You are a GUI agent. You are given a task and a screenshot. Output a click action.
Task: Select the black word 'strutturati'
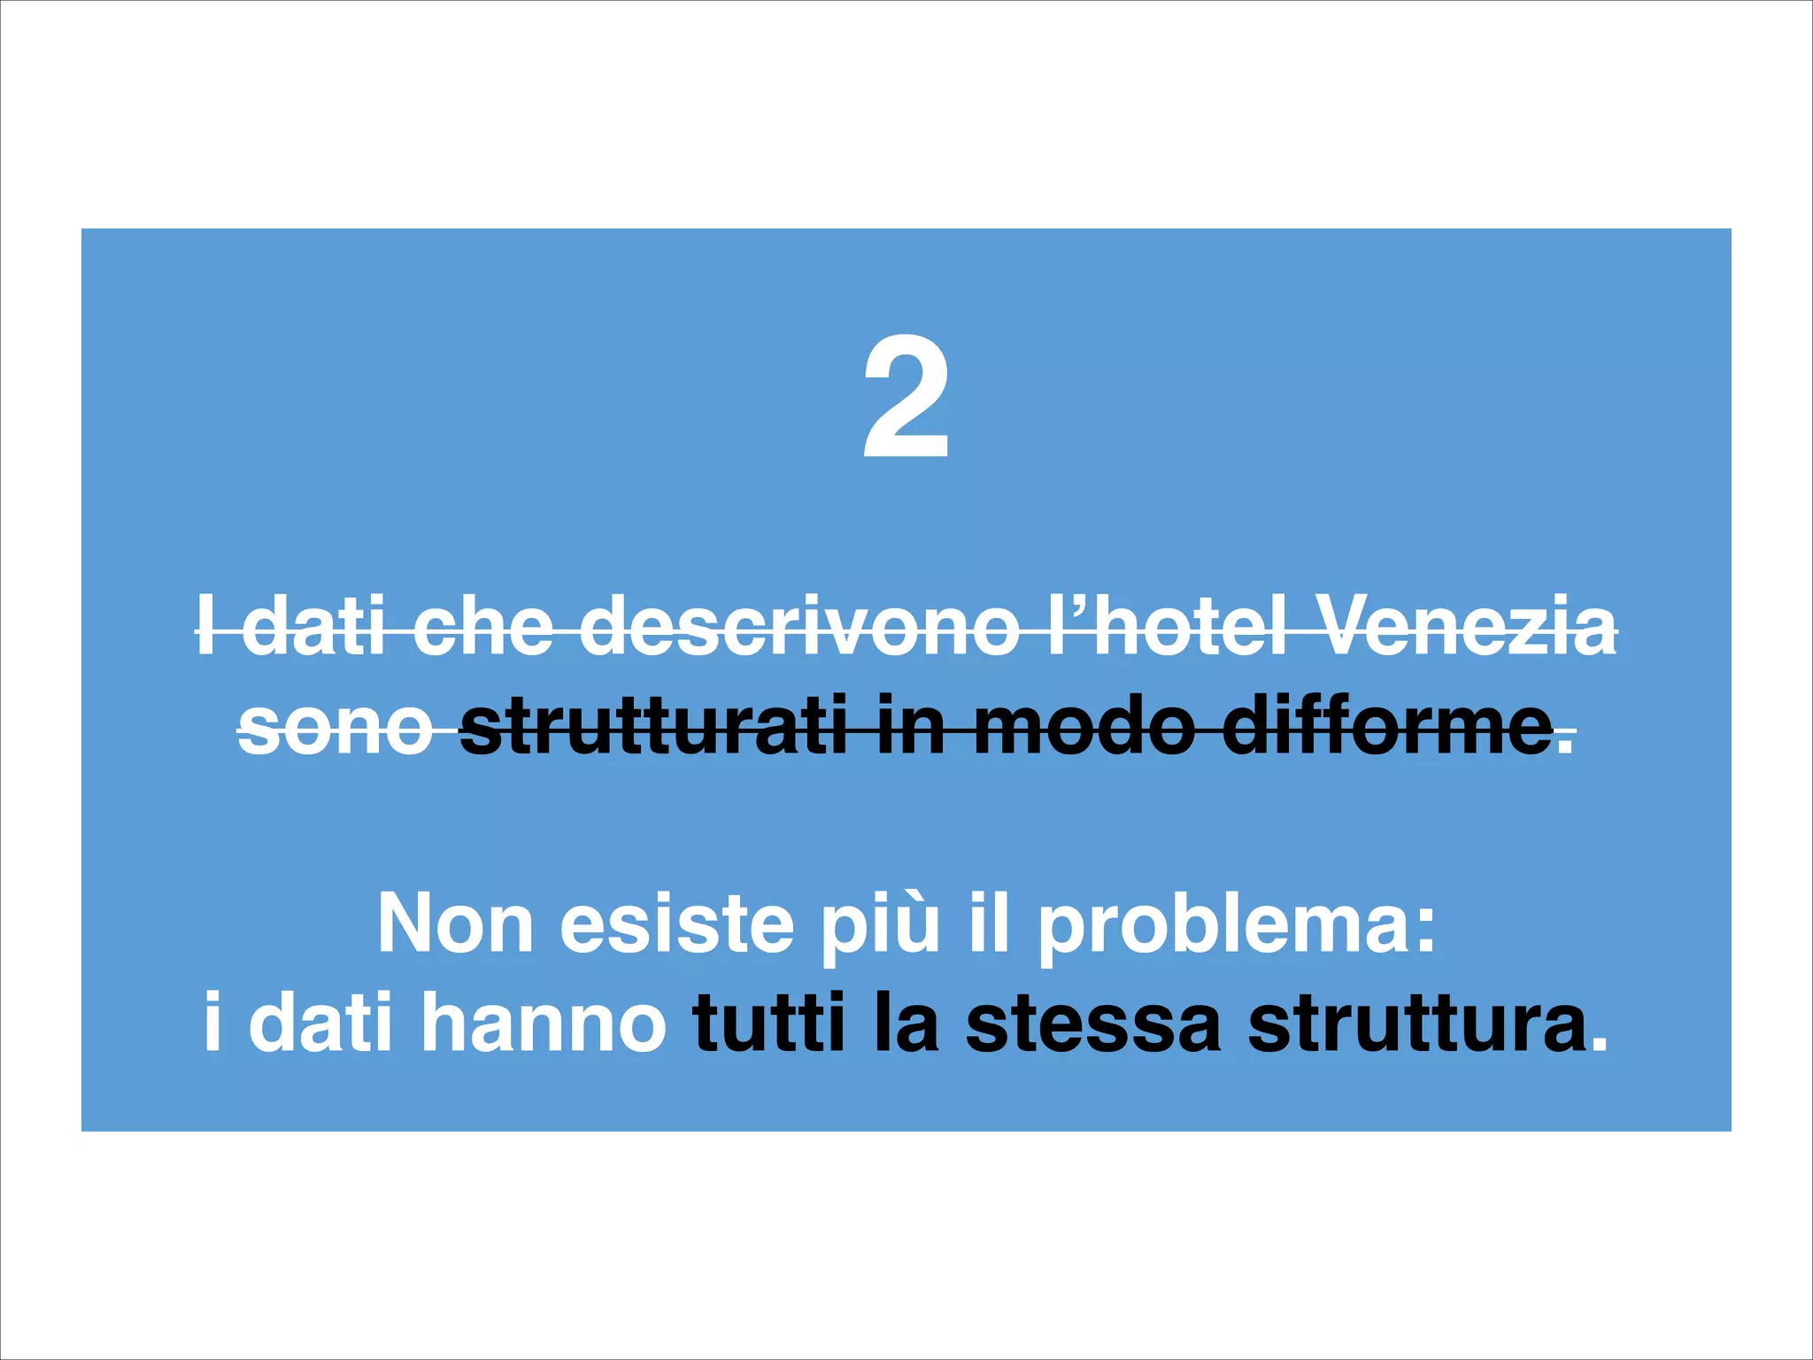click(x=653, y=728)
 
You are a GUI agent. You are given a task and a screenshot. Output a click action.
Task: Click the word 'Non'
click(x=455, y=923)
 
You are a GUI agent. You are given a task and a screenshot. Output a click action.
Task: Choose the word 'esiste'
click(x=676, y=923)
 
